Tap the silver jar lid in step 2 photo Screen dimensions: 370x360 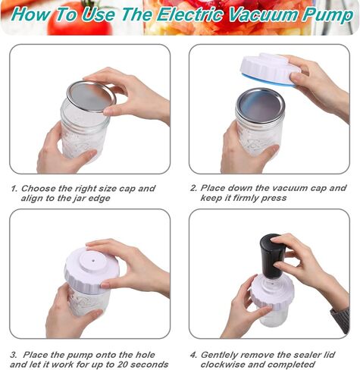pos(260,103)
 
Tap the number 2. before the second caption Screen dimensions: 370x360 pos(194,188)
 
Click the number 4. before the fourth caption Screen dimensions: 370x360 pos(194,353)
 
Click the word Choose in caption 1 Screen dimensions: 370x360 pos(39,188)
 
